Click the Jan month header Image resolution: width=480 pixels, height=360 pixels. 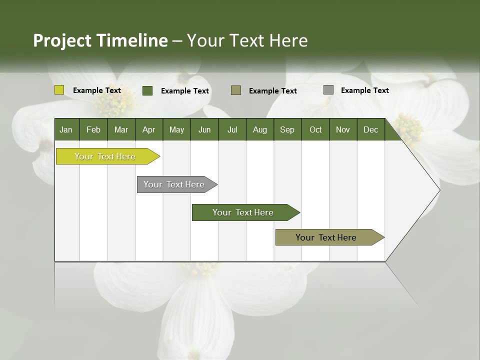pyautogui.click(x=66, y=130)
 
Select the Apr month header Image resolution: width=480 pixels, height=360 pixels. pyautogui.click(x=148, y=130)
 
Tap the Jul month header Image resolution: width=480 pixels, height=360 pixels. pyautogui.click(x=232, y=130)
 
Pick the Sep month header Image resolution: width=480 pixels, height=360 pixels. pyautogui.click(x=287, y=130)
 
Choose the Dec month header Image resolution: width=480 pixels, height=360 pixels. pyautogui.click(x=370, y=130)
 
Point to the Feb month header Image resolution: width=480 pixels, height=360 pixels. pyautogui.click(x=93, y=130)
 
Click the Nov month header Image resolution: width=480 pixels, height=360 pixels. pyautogui.click(x=342, y=130)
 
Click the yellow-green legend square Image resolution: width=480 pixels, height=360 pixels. pyautogui.click(x=59, y=90)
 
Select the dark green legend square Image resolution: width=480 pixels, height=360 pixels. pyautogui.click(x=147, y=90)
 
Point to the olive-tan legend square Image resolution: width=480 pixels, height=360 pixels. pyautogui.click(x=236, y=90)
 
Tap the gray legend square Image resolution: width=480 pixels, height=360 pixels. pyautogui.click(x=328, y=90)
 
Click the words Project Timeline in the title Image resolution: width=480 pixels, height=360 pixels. pyautogui.click(x=100, y=40)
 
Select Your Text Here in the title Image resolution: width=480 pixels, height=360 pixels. pyautogui.click(x=247, y=40)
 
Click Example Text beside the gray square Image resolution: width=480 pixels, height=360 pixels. pyautogui.click(x=364, y=90)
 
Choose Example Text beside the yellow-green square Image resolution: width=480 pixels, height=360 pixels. pyautogui.click(x=96, y=90)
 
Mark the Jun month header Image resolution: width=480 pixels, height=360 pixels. pyautogui.click(x=204, y=130)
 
